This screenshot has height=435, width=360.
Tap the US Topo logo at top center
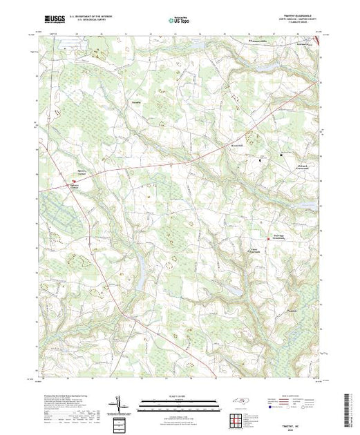tap(177, 21)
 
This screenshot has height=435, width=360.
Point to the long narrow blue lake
tap(138, 266)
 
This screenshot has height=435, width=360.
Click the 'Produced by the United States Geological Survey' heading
tap(69, 389)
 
